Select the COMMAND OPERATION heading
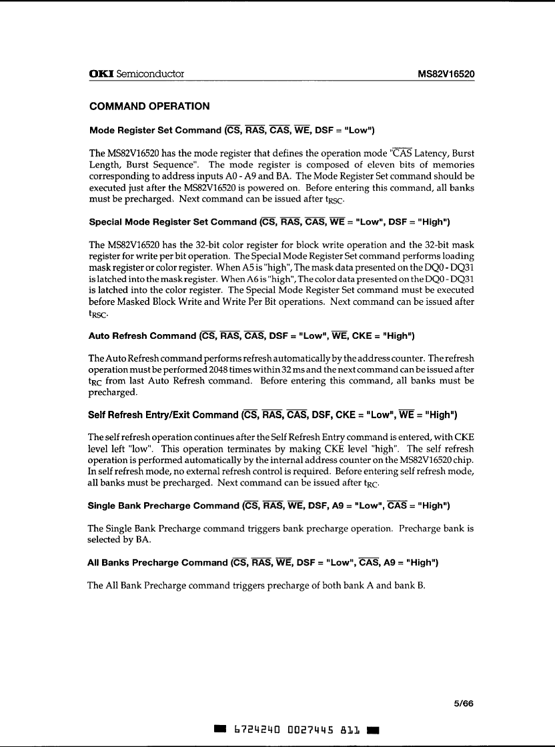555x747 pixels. pos(149,106)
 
